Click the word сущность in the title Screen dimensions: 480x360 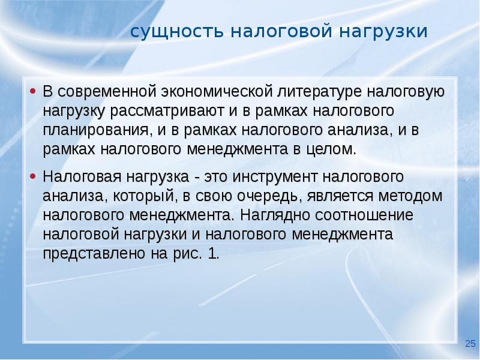[177, 32]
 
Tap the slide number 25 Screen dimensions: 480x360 [470, 343]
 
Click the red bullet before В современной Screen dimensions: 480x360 [33, 91]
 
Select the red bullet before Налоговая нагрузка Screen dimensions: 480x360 [33, 176]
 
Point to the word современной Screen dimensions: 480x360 [107, 92]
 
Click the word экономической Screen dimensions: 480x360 [217, 92]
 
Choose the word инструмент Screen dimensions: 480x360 [275, 177]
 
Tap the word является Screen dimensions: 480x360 [340, 196]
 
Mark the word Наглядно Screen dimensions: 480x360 [275, 215]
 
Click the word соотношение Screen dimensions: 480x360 [364, 215]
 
